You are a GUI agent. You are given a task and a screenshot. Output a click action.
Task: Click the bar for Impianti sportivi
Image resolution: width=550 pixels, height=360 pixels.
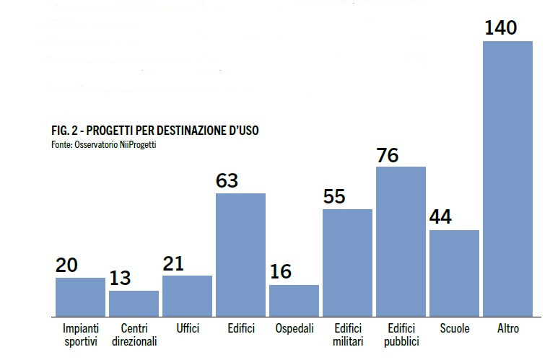pyautogui.click(x=80, y=297)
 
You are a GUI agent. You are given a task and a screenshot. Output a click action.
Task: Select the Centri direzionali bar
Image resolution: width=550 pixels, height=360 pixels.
pyautogui.click(x=134, y=303)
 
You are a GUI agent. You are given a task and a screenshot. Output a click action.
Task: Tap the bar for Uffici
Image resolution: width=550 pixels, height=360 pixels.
pyautogui.click(x=187, y=296)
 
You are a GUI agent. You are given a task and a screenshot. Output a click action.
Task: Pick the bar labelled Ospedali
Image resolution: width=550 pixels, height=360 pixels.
pyautogui.click(x=294, y=300)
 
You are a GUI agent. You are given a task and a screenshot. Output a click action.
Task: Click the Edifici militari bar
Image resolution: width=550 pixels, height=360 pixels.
pyautogui.click(x=347, y=263)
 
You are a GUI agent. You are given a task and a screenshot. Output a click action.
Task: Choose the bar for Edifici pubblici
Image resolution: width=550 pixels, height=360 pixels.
pyautogui.click(x=401, y=241)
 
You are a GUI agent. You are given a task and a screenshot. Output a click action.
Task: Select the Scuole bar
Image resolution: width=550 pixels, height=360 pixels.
pyautogui.click(x=454, y=273)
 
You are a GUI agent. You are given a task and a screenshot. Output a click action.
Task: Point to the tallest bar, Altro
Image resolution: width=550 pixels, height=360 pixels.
pyautogui.click(x=507, y=178)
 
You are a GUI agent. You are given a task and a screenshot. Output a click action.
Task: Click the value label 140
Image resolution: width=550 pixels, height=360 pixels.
pyautogui.click(x=500, y=28)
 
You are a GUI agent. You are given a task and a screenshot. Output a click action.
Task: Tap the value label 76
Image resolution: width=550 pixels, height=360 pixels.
pyautogui.click(x=387, y=155)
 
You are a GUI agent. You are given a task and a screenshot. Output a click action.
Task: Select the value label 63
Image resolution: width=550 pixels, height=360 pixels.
pyautogui.click(x=227, y=181)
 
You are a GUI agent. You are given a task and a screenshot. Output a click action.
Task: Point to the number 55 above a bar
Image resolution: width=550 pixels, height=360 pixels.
pyautogui.click(x=334, y=197)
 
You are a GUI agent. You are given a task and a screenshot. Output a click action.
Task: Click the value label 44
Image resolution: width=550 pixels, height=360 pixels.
pyautogui.click(x=440, y=217)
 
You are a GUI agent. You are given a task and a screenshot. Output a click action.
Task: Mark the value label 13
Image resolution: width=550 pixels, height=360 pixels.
pyautogui.click(x=121, y=278)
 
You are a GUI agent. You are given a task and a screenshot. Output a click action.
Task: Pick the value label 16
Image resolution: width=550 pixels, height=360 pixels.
pyautogui.click(x=280, y=272)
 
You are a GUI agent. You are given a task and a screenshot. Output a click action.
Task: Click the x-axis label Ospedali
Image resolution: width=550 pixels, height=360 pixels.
pyautogui.click(x=294, y=329)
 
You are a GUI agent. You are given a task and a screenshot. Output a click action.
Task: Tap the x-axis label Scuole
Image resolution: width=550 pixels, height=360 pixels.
pyautogui.click(x=455, y=329)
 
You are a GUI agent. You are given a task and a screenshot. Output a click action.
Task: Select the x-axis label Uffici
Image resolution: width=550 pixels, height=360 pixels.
pyautogui.click(x=188, y=329)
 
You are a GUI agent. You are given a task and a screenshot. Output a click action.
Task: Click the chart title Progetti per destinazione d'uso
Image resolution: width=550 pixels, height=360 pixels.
pyautogui.click(x=155, y=131)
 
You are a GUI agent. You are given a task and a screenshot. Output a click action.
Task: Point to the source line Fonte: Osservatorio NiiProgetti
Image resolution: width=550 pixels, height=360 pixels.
pyautogui.click(x=103, y=144)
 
